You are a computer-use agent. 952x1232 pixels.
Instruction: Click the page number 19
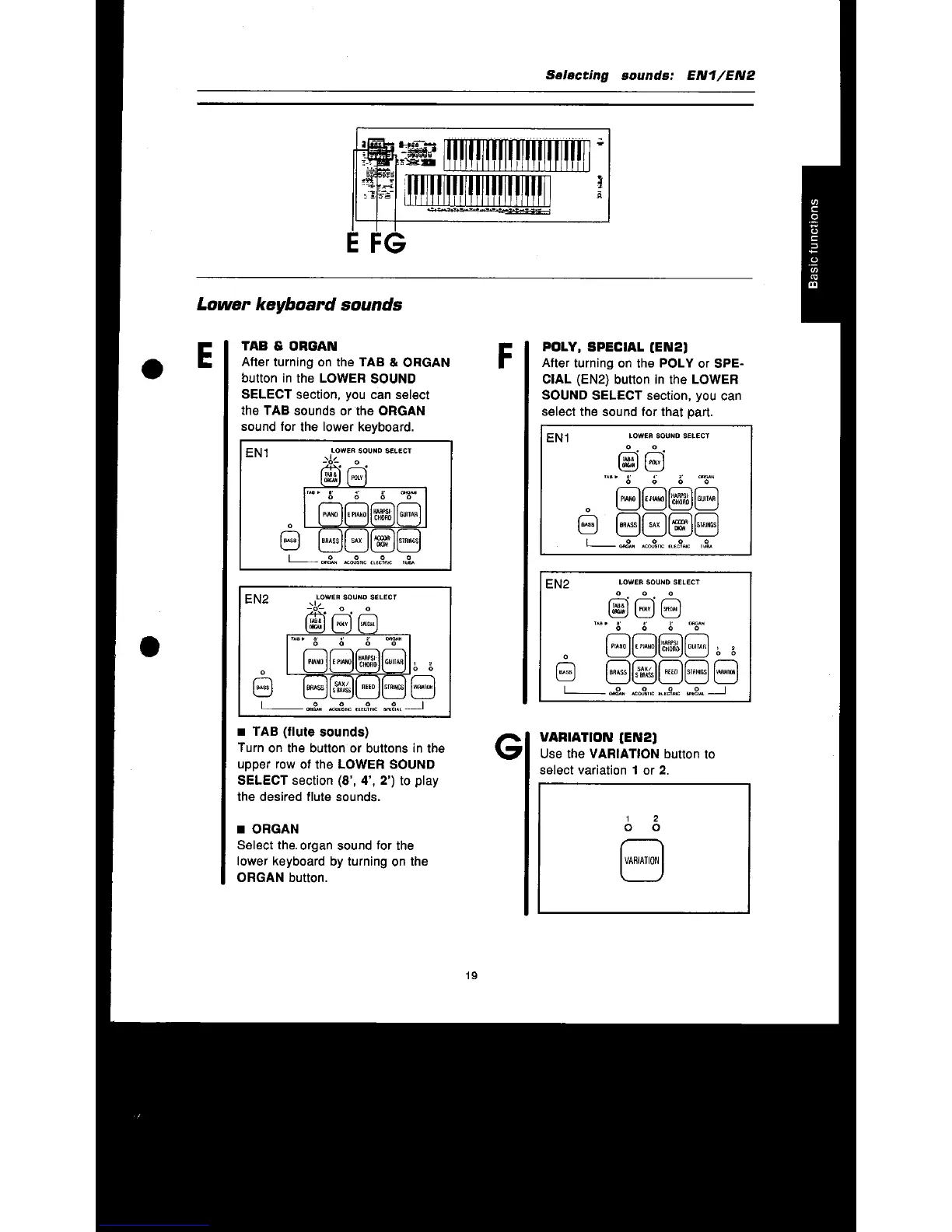pos(471,975)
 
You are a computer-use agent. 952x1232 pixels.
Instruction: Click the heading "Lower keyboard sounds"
pos(299,305)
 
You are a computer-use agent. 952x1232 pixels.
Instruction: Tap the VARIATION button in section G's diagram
pos(642,860)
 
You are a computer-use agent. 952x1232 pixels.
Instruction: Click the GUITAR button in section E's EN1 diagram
pos(408,514)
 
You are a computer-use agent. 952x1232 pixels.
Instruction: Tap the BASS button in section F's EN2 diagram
pos(566,671)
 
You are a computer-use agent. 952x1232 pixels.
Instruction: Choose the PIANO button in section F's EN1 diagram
pos(628,499)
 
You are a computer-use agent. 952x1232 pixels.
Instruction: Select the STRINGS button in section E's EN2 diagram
pos(394,687)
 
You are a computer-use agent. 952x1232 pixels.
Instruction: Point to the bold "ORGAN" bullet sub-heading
pos(275,829)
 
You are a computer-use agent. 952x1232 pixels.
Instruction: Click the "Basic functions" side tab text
pos(813,243)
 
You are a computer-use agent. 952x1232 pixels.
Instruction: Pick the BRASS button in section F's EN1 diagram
pos(628,525)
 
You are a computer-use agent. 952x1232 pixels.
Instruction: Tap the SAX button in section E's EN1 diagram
pos(356,541)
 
